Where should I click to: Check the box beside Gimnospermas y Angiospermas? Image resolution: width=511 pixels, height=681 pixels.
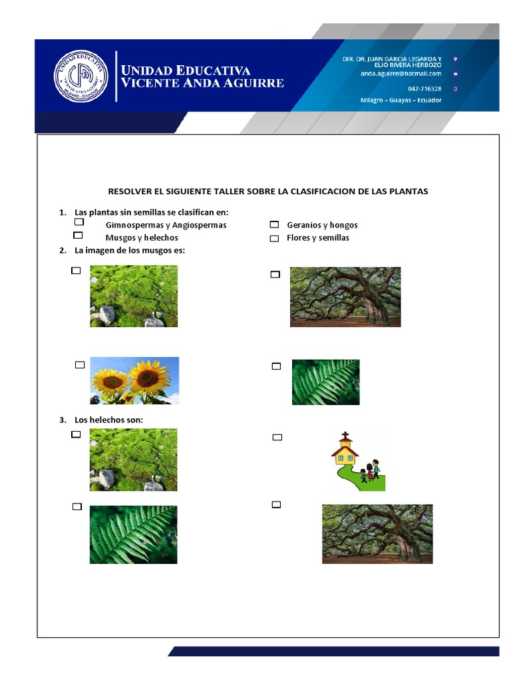79,221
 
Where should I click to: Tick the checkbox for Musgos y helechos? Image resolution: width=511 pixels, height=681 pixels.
78,235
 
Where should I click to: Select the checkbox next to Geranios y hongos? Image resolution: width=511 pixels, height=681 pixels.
274,225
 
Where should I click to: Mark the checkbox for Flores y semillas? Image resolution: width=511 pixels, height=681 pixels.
274,238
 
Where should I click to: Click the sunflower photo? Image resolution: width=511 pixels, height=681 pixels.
134,380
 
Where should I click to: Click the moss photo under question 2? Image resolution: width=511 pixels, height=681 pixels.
134,296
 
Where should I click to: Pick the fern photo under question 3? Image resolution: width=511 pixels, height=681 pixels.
133,534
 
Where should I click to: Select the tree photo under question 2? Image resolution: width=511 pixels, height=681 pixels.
345,297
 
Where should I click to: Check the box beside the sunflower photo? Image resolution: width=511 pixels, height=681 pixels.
80,364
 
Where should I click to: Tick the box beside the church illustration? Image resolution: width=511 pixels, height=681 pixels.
277,437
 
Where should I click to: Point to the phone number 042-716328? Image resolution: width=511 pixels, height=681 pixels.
424,88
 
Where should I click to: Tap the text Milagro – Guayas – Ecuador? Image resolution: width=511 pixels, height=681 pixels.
397,100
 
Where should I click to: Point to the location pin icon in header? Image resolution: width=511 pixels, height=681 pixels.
454,59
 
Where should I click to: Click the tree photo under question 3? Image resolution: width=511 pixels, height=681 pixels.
377,533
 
